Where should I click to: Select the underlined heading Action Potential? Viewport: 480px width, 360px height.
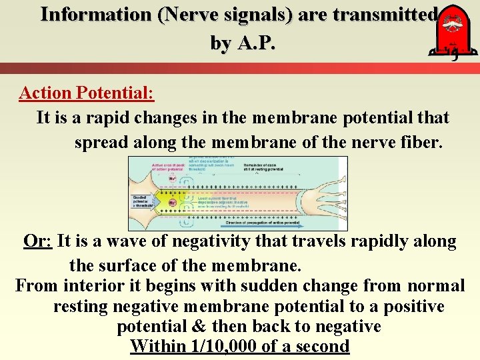point(87,93)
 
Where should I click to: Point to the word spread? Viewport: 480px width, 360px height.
point(99,143)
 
